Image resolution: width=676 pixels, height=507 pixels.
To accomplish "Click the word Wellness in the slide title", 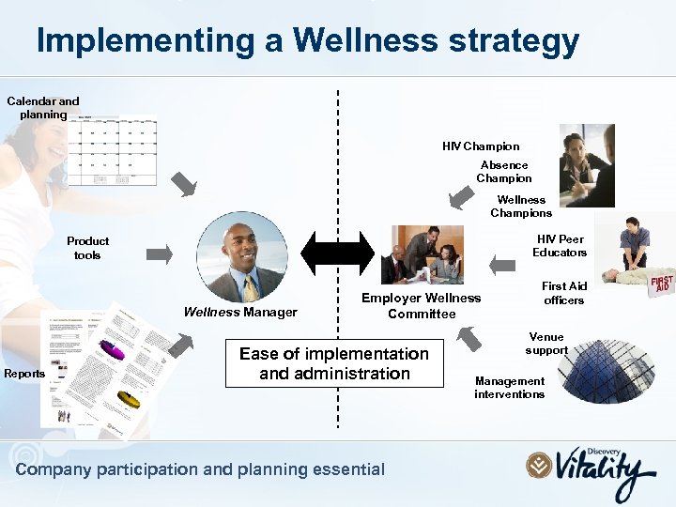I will [365, 40].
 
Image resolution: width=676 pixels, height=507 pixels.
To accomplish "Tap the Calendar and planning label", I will [43, 108].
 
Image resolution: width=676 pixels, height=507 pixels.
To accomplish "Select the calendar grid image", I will [116, 150].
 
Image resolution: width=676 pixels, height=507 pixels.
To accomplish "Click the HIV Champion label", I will [481, 146].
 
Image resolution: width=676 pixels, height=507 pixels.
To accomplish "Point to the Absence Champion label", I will [504, 172].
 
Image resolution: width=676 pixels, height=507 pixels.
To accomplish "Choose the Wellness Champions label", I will [521, 207].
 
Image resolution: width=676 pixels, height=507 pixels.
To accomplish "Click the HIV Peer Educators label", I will [560, 246].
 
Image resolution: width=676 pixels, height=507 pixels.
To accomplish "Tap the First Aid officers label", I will [564, 293].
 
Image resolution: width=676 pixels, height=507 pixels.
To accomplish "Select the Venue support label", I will [546, 344].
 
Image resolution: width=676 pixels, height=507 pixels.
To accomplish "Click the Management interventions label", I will [510, 388].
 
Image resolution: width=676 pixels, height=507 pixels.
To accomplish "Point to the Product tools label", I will [88, 248].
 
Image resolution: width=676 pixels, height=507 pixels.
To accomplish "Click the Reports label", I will [24, 374].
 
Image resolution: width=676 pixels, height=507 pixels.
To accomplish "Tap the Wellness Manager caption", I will [240, 313].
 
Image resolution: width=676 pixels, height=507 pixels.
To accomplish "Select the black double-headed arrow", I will [337, 253].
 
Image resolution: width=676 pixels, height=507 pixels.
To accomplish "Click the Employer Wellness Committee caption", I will [422, 306].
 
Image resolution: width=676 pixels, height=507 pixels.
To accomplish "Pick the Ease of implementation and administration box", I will [334, 364].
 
